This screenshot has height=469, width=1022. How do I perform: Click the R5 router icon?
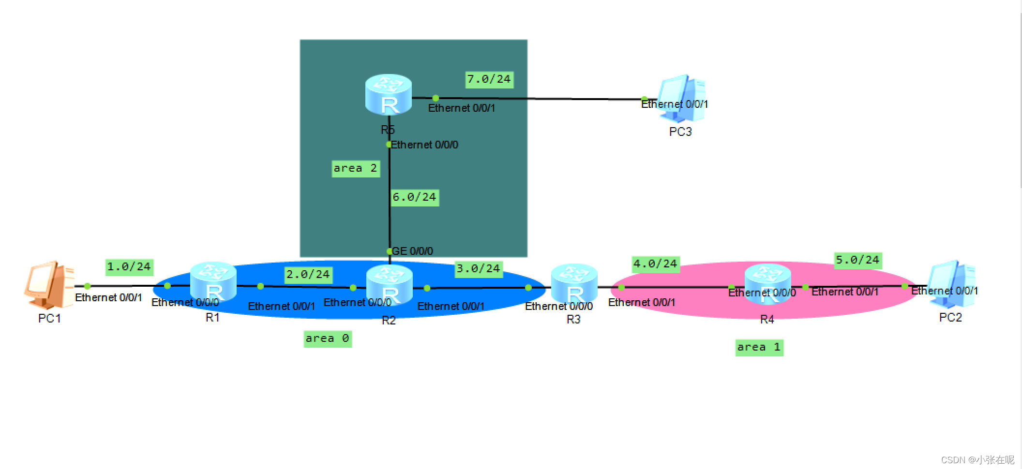click(388, 95)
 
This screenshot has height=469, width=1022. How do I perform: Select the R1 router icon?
click(213, 282)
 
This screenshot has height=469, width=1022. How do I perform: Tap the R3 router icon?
click(574, 284)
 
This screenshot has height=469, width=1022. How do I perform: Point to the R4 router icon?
click(767, 284)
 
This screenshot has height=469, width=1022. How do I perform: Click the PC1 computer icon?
click(49, 285)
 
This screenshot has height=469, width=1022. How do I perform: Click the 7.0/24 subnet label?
click(489, 79)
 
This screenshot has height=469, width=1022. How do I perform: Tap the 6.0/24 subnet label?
click(415, 197)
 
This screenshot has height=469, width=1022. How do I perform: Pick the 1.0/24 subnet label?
click(129, 267)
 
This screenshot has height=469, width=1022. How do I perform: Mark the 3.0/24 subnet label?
click(479, 269)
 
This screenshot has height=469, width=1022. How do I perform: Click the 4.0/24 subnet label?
click(655, 264)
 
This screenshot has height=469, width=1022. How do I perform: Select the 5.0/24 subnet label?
click(857, 260)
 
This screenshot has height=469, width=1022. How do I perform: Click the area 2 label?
click(355, 168)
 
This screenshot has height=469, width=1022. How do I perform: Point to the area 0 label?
click(327, 338)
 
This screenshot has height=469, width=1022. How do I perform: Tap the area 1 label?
click(759, 347)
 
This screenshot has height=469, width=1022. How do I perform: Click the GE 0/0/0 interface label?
click(412, 251)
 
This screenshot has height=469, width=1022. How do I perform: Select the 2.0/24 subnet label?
click(308, 275)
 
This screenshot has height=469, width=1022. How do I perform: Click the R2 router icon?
click(389, 285)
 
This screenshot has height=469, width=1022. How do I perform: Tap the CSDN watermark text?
click(977, 460)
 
